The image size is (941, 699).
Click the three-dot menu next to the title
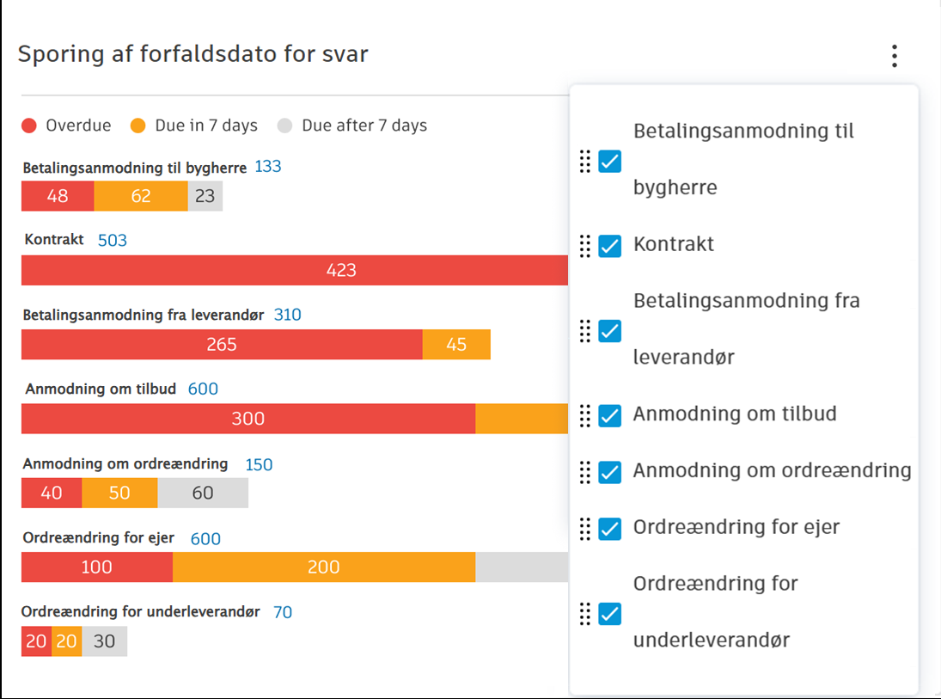coord(894,57)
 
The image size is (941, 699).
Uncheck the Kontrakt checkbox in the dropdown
coord(609,246)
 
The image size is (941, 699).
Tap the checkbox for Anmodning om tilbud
coord(609,415)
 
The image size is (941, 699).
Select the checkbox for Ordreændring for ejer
coord(609,529)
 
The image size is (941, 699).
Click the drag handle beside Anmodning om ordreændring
coord(585,472)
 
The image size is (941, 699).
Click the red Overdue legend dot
coord(29,126)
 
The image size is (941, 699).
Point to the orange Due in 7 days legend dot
coord(138,126)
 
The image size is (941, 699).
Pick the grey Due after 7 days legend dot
coord(285,126)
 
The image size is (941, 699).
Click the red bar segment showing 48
coord(58,196)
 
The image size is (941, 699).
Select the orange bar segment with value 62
coord(141,196)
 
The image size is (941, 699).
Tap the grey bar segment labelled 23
coord(205,196)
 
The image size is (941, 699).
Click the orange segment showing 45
coord(456,345)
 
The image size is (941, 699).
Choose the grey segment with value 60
coord(203,494)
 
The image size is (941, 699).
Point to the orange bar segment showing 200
coord(324,567)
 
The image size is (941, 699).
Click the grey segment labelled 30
coord(104,641)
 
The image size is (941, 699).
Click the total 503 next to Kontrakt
coord(113,241)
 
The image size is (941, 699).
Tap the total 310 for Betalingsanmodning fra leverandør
coord(288,315)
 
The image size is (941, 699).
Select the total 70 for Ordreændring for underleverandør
coord(283,612)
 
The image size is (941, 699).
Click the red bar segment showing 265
coord(222,345)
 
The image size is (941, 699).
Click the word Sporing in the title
coord(55,55)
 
